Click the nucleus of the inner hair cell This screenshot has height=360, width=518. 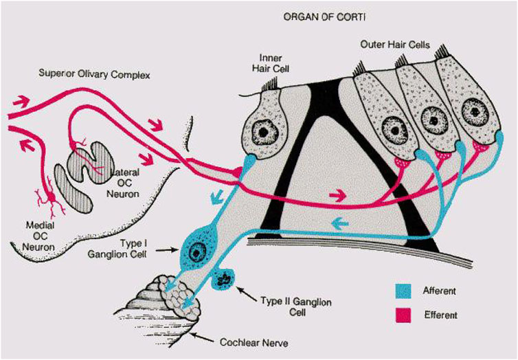click(x=262, y=129)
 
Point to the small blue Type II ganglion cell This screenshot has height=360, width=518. click(x=225, y=280)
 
